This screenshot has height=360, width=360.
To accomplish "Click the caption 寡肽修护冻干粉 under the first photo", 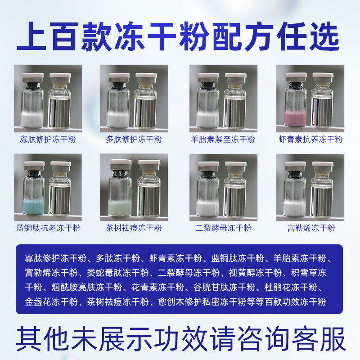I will click(x=48, y=139).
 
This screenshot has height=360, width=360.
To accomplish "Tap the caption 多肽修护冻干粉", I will click(x=134, y=139).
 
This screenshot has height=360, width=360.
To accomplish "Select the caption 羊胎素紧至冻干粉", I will click(x=223, y=139).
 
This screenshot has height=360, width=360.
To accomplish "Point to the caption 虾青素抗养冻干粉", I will click(x=310, y=139).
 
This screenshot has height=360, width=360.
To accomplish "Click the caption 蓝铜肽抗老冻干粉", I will click(x=48, y=228).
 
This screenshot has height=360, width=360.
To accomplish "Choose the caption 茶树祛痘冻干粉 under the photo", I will click(x=134, y=228).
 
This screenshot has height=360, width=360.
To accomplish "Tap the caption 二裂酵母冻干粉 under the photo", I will click(x=223, y=228).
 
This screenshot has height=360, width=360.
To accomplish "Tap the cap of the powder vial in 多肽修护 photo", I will click(x=119, y=77).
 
